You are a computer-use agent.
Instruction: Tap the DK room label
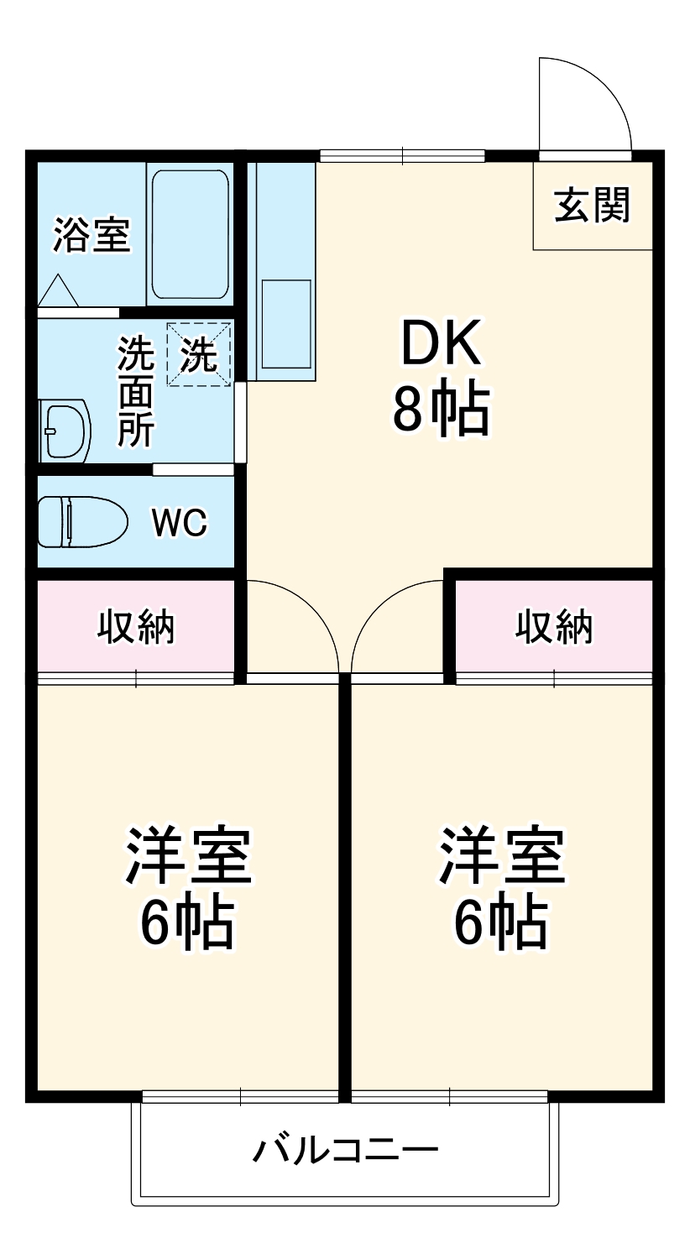(x=441, y=345)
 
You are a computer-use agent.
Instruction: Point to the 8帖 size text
(x=441, y=410)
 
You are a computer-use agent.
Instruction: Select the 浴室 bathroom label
(x=91, y=235)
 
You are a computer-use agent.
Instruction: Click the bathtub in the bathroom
(x=191, y=234)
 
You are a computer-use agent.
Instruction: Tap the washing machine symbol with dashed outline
(x=199, y=355)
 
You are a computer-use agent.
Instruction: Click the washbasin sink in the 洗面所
(x=65, y=431)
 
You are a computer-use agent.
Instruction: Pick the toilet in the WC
(x=82, y=522)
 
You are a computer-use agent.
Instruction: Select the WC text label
(x=179, y=523)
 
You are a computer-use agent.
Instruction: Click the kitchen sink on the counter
(x=285, y=323)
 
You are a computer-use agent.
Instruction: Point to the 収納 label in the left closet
(x=136, y=626)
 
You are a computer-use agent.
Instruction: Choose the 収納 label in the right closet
(x=553, y=626)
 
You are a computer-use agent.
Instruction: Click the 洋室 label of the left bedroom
(x=187, y=856)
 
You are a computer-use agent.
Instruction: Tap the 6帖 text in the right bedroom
(x=501, y=923)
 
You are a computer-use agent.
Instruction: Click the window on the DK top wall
(x=403, y=155)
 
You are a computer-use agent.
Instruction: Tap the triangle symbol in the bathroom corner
(x=58, y=290)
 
